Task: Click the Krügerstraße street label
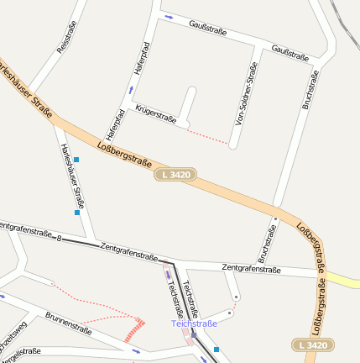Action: tap(156, 114)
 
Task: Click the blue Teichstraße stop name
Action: tap(194, 324)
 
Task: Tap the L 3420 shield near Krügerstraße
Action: tap(175, 175)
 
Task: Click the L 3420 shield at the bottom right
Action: tap(313, 345)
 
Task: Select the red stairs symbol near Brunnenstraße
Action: tap(135, 329)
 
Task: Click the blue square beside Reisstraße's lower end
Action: tap(76, 159)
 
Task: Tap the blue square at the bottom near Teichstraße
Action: tap(217, 350)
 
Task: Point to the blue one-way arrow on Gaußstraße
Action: tap(170, 17)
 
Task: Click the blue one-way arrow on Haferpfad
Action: tap(131, 88)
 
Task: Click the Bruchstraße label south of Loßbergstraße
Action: tap(268, 243)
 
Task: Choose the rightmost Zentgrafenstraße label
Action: tap(251, 269)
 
